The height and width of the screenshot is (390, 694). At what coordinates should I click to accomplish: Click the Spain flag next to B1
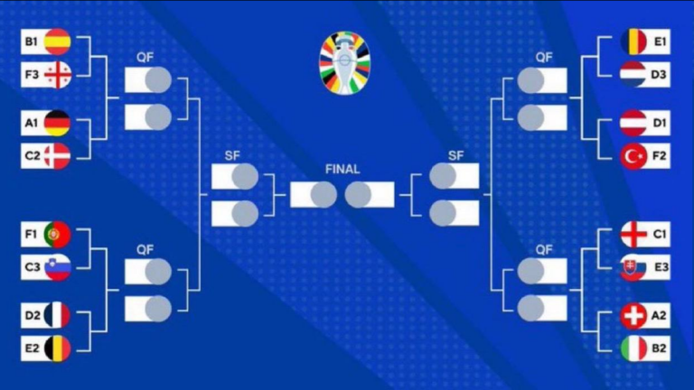click(58, 42)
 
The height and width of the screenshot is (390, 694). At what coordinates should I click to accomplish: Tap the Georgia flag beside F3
click(58, 75)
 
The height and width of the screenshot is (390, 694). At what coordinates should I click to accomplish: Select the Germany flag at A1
click(58, 123)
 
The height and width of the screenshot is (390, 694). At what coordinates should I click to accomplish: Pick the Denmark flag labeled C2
click(58, 156)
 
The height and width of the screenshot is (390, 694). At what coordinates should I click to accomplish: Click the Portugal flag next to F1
click(58, 235)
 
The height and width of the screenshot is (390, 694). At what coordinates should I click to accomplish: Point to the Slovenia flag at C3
click(58, 267)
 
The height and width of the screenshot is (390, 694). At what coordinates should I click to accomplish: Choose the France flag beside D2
click(58, 315)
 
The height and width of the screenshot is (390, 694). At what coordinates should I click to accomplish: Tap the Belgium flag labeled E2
click(58, 348)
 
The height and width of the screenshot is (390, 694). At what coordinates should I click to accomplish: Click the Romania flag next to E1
click(633, 42)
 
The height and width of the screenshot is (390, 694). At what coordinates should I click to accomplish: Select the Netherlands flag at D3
click(633, 75)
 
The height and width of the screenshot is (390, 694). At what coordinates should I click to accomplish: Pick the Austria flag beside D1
click(633, 123)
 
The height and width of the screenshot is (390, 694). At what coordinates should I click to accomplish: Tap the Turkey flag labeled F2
click(633, 156)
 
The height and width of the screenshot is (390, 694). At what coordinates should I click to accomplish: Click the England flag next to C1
click(633, 235)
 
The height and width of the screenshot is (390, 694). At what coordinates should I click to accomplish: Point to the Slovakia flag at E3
click(633, 267)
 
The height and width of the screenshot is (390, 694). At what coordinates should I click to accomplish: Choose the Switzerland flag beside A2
click(633, 316)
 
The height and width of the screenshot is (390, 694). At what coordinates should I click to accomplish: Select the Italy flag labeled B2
click(633, 348)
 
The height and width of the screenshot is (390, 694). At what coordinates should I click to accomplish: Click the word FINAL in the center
click(342, 170)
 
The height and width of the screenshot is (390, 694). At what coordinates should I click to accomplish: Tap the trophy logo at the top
click(345, 63)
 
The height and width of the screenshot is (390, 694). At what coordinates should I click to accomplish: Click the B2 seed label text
click(659, 348)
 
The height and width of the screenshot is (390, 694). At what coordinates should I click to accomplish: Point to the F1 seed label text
click(31, 235)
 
